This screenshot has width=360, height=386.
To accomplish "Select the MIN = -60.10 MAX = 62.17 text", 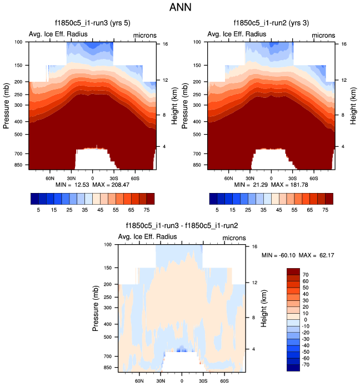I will coord(297,255).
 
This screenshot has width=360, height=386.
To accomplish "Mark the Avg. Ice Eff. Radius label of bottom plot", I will coord(148,237).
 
